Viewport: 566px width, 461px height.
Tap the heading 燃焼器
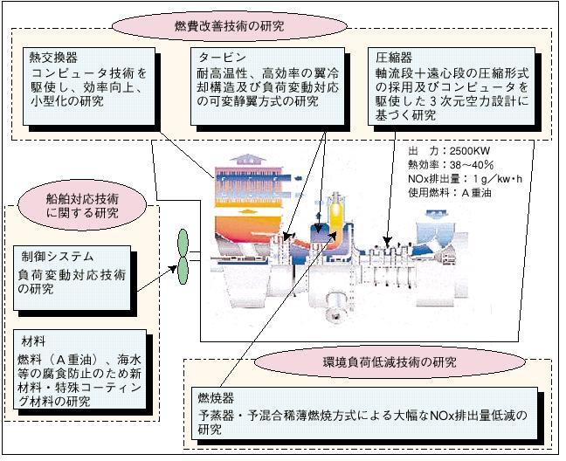tap(215, 397)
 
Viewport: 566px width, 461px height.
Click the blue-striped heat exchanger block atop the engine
tap(257, 182)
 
